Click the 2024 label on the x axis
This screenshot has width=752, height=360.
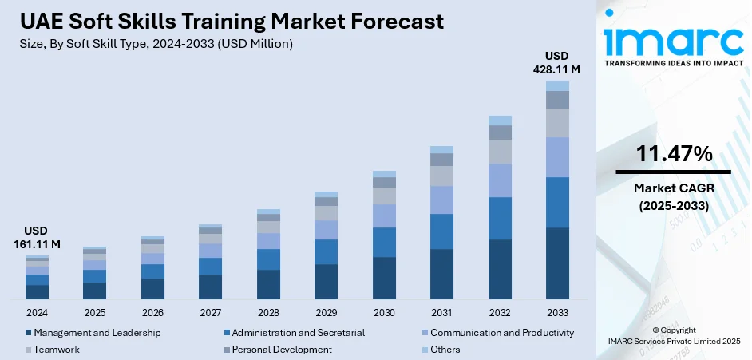click(x=37, y=312)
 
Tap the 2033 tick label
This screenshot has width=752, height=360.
click(x=557, y=312)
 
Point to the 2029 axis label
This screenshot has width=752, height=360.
click(x=326, y=312)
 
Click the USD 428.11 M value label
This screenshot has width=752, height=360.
click(x=557, y=63)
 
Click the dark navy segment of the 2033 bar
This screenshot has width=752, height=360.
click(x=557, y=263)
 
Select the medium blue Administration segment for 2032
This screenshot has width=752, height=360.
click(x=500, y=218)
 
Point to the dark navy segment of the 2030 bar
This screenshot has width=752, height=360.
click(x=384, y=278)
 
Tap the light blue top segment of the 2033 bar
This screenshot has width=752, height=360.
click(x=557, y=85)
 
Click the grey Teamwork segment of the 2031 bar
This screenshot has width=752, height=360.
click(x=441, y=176)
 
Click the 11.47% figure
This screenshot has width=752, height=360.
click(x=673, y=155)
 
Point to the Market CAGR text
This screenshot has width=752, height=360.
click(x=673, y=188)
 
